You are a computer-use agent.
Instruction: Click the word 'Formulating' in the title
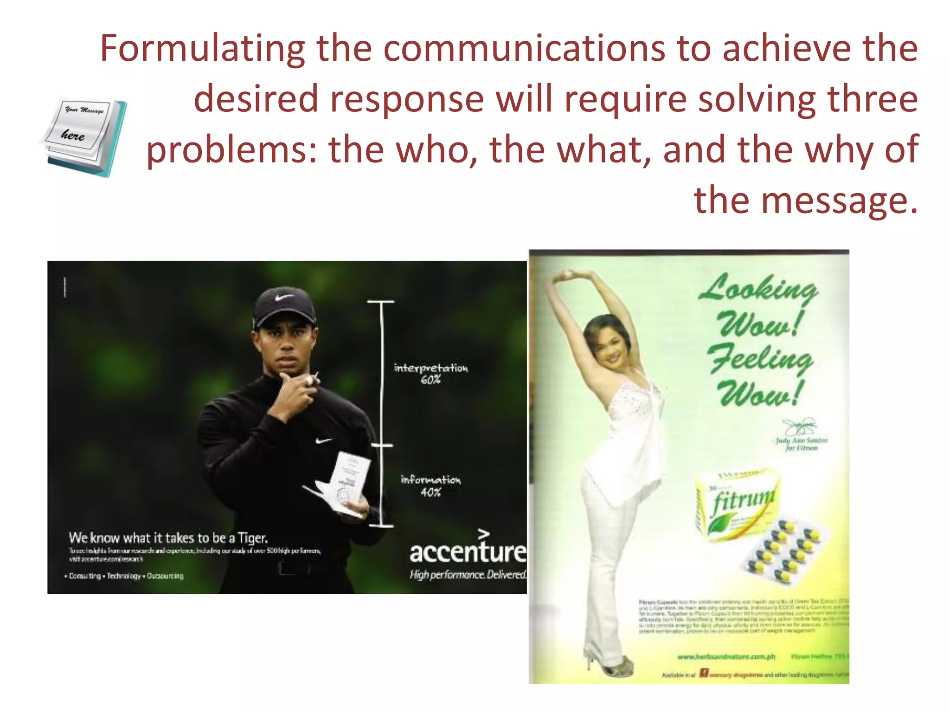click(202, 48)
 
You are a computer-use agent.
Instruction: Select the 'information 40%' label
click(431, 486)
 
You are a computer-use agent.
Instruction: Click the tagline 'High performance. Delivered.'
click(468, 575)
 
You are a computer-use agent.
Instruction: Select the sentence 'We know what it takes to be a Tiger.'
click(168, 538)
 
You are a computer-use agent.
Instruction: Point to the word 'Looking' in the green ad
click(758, 288)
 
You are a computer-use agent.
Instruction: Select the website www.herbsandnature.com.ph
click(726, 656)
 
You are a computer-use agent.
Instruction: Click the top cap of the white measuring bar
click(381, 302)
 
